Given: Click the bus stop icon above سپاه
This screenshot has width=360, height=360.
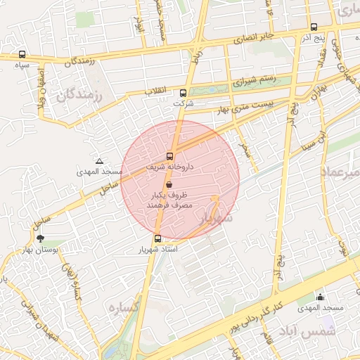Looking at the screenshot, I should tap(22, 54).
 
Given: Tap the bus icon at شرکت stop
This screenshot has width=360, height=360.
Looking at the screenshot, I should tap(184, 93).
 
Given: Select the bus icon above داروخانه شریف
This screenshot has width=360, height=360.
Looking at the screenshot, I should tap(170, 156).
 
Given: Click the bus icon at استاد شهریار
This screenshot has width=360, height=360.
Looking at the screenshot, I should tap(157, 238).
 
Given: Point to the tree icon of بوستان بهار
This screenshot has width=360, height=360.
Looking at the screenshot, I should tap(39, 238).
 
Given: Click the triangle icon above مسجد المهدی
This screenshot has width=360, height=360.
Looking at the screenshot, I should tap(99, 161).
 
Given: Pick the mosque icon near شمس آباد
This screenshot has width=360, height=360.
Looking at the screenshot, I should tap(321, 297).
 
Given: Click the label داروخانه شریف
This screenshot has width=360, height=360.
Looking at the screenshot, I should tap(169, 169).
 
